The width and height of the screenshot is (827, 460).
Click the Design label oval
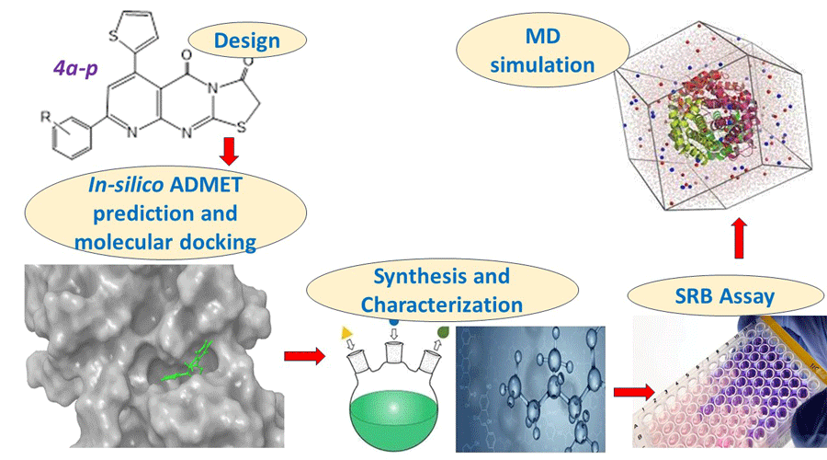click(x=245, y=40)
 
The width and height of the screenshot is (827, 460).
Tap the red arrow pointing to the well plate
click(x=629, y=393)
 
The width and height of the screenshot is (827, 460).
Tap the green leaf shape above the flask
click(x=443, y=331)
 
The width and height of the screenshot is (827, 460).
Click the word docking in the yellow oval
click(x=210, y=242)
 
